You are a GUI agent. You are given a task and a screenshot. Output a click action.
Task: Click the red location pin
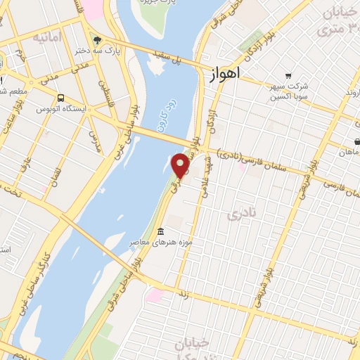click(181, 165)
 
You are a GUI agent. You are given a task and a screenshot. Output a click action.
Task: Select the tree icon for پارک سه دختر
click(97, 39)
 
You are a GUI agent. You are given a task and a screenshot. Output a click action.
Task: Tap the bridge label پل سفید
click(188, 61)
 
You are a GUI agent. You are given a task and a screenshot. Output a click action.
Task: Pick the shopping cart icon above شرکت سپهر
click(288, 76)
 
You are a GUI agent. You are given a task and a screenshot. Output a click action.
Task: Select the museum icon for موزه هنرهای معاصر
click(161, 232)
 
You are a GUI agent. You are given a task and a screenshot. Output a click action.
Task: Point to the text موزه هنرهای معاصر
click(153, 243)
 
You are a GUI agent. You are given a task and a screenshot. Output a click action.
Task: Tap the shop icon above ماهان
click(357, 141)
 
